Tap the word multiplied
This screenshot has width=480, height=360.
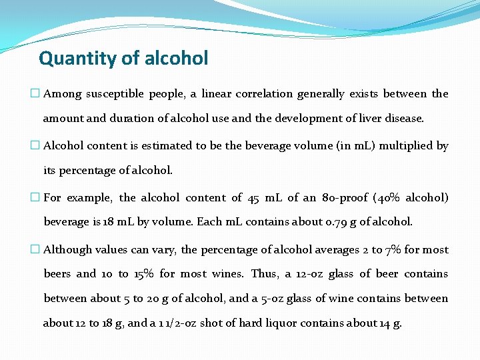pos(406,146)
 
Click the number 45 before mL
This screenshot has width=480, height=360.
pos(253,198)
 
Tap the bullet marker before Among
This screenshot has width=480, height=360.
pos(35,94)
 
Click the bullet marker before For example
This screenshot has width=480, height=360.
pos(35,198)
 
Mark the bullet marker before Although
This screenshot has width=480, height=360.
pos(35,250)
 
